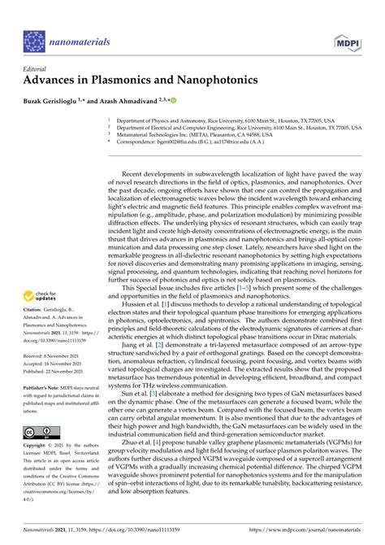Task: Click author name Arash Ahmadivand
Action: pyautogui.click(x=150, y=99)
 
